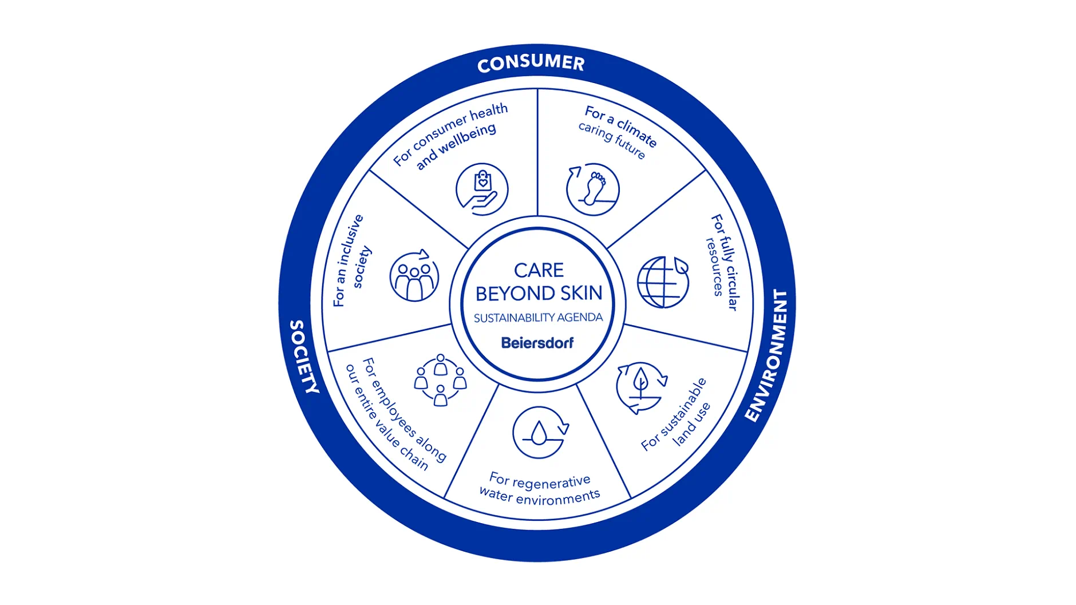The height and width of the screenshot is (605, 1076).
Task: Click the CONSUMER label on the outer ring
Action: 531,63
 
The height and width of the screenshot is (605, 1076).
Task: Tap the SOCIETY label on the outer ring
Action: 304,356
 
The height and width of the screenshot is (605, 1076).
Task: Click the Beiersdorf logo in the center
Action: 537,343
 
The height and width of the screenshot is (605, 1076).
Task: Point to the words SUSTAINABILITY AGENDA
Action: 538,318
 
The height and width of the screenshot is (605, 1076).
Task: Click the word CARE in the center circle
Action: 539,270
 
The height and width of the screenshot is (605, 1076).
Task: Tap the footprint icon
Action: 593,189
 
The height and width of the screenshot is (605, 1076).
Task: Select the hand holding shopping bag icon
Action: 482,189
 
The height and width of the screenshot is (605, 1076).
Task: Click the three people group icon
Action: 414,276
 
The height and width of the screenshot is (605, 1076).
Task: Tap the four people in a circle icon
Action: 440,380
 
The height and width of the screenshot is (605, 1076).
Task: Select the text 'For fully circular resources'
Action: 722,262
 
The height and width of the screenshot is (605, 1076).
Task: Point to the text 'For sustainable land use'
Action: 676,416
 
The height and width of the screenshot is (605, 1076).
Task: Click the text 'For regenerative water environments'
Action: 539,489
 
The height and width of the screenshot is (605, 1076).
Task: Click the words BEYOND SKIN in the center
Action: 539,294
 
